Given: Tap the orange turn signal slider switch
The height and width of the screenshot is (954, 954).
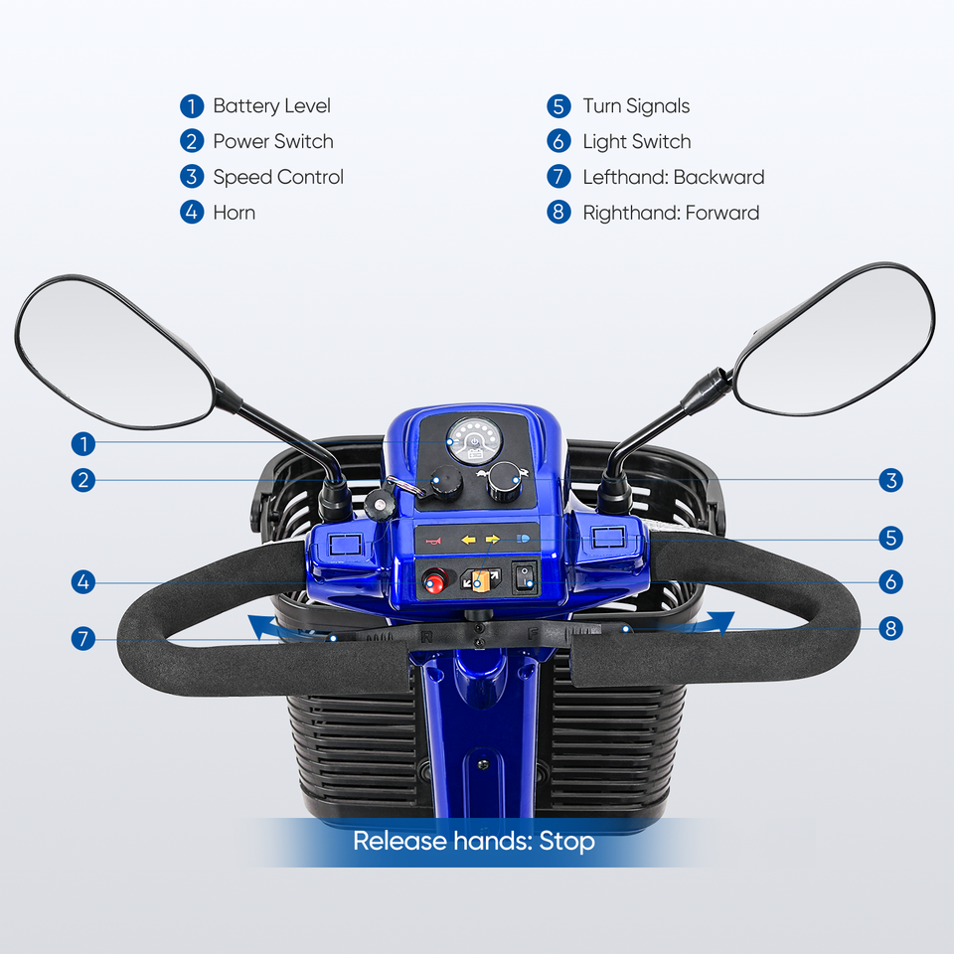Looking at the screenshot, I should point(480,580).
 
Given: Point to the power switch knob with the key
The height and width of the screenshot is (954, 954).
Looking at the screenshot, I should point(444,483).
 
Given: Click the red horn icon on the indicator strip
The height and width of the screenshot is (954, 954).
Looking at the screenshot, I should point(432,541).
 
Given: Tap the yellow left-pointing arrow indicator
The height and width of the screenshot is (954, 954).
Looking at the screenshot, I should point(466,541).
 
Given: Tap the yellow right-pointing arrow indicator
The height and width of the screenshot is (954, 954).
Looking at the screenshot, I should point(493,541).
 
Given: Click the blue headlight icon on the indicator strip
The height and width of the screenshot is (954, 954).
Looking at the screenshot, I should point(523,541).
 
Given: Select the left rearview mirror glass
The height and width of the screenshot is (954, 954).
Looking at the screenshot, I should point(114,348).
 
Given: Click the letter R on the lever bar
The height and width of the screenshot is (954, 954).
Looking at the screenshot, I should point(426,636).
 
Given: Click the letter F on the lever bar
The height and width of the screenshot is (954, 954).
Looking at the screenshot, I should point(533,633).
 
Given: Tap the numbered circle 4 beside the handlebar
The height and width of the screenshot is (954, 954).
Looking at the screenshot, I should point(83,582).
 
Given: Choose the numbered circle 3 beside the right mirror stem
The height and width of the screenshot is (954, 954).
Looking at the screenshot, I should point(890,481).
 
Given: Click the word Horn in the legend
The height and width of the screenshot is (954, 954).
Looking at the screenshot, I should point(234,213).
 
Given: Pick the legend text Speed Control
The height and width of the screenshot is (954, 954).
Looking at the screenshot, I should point(277,177).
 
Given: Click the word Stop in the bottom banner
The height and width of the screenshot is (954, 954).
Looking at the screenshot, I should point(567,842).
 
